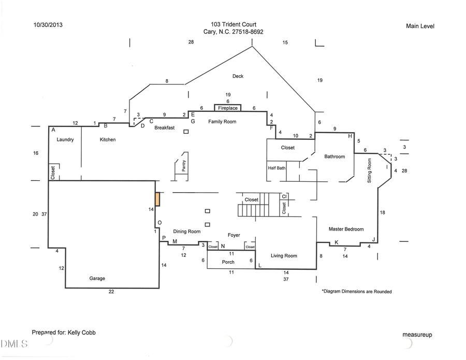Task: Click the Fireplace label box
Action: click(228, 108)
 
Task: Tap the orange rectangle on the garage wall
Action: click(157, 199)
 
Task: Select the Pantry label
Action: click(183, 165)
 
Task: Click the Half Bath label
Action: click(276, 168)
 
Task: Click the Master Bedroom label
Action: click(346, 229)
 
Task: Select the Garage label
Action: click(97, 278)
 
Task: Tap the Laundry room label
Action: click(65, 140)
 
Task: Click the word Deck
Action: click(238, 76)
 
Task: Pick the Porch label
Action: click(228, 262)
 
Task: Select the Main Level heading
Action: click(420, 26)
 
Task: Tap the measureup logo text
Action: click(417, 335)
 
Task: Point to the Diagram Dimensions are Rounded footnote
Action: click(356, 292)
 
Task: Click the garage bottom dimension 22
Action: click(111, 292)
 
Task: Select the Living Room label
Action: click(284, 255)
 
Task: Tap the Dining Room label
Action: click(186, 232)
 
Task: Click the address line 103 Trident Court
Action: click(234, 24)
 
